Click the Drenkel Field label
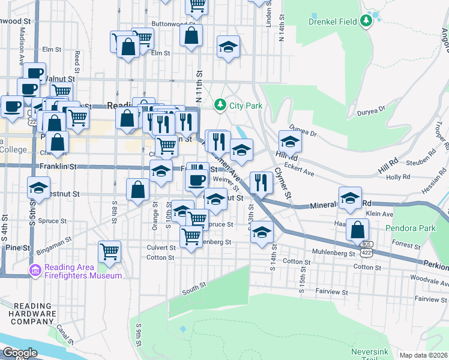point(333,22)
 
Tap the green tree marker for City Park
point(220,105)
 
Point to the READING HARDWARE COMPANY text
point(34,314)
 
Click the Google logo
point(20,353)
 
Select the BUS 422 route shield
point(366,246)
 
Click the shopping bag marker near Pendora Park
point(358,230)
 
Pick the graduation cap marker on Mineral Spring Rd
point(350,198)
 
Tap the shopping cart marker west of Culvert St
point(109,251)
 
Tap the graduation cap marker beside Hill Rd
point(290,143)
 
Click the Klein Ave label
point(379,214)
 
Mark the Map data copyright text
point(423,355)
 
